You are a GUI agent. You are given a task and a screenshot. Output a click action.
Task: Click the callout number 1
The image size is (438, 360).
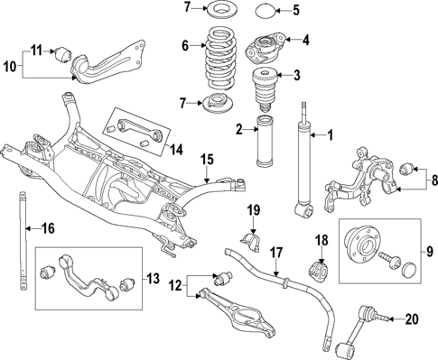coord(330,136)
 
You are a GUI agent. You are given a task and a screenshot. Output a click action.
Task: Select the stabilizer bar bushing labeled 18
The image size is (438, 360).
coord(319,271)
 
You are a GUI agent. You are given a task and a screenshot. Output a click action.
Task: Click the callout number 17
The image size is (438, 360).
coord(276,254)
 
